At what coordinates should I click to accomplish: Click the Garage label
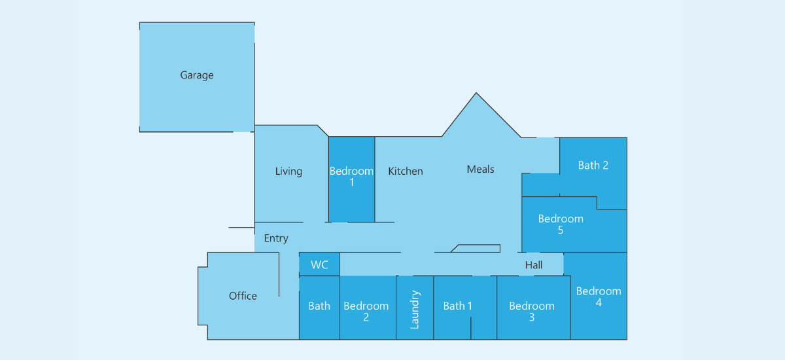(197, 75)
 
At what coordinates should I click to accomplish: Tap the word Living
(288, 171)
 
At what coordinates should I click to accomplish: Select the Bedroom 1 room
(351, 179)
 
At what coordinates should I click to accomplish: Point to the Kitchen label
(406, 171)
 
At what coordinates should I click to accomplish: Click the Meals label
(480, 170)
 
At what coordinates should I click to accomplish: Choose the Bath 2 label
(593, 165)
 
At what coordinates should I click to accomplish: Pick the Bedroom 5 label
(561, 225)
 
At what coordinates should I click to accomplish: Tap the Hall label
(534, 265)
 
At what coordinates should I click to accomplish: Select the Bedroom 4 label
(599, 297)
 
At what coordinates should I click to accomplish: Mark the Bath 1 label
(457, 306)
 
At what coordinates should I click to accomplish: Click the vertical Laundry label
(415, 310)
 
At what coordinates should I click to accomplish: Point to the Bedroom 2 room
(368, 308)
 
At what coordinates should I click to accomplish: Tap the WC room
(319, 264)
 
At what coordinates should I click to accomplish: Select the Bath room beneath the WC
(319, 308)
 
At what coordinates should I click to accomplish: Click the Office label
(243, 297)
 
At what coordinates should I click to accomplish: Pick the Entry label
(276, 238)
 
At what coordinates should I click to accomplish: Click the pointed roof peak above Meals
(476, 93)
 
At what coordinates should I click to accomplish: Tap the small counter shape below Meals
(476, 249)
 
